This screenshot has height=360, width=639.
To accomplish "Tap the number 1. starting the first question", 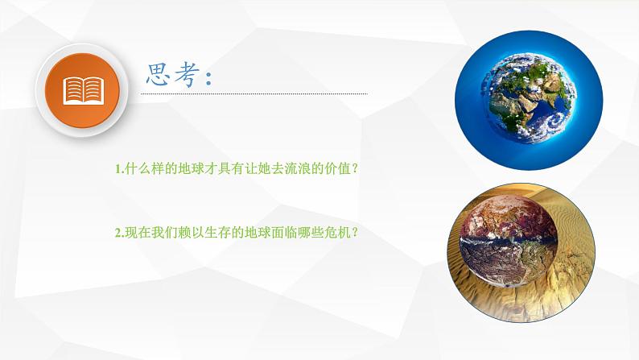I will coord(119,169).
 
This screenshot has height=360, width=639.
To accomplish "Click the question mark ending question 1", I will coord(356,169).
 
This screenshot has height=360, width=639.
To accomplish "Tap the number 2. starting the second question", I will coord(119,233).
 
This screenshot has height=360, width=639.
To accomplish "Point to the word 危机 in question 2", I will coord(337,233).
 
